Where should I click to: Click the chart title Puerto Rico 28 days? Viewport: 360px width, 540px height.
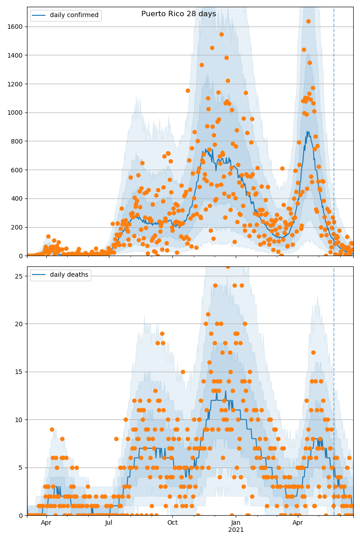coord(179,14)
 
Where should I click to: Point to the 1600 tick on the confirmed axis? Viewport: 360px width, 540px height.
coord(16,27)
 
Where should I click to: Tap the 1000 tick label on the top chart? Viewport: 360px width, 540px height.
coord(16,112)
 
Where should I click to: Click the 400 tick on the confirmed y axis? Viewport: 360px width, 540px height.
coord(18,198)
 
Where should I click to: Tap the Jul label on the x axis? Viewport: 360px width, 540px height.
coord(109,523)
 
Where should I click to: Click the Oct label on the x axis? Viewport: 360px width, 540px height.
coord(172,523)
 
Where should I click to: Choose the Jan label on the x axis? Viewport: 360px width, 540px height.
coord(236,523)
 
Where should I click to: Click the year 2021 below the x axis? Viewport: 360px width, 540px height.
coord(236,530)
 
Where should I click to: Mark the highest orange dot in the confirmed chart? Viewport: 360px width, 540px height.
coord(308,21)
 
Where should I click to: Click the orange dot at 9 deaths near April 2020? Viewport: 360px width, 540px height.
coord(52,429)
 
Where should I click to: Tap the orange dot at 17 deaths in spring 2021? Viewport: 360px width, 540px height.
coord(313,352)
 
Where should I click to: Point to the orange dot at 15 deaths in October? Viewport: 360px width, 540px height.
coord(183,372)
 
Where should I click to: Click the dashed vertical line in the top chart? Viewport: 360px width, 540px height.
coord(334,135)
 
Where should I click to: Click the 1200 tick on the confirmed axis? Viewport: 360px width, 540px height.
coord(16,84)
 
